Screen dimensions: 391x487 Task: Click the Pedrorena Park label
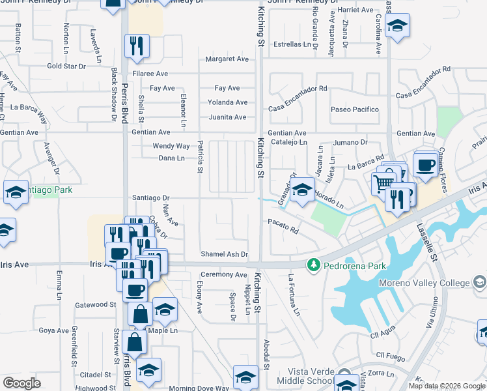(x=357, y=266)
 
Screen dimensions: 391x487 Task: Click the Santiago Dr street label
(x=150, y=197)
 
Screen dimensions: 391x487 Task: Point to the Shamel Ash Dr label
(x=224, y=254)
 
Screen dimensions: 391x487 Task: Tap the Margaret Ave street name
(x=227, y=59)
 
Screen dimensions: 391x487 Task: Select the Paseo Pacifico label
(x=355, y=109)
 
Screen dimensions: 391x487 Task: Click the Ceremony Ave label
(x=223, y=275)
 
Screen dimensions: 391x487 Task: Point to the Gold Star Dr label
(x=66, y=66)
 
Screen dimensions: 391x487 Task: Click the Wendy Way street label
(x=171, y=147)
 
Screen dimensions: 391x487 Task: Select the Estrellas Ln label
(x=292, y=45)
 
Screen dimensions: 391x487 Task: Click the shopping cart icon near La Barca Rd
(x=383, y=182)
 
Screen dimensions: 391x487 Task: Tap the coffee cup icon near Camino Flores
(x=424, y=164)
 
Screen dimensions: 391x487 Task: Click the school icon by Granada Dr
(x=301, y=190)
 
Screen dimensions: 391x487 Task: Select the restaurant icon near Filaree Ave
(x=137, y=44)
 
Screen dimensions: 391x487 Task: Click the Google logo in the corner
(x=21, y=383)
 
